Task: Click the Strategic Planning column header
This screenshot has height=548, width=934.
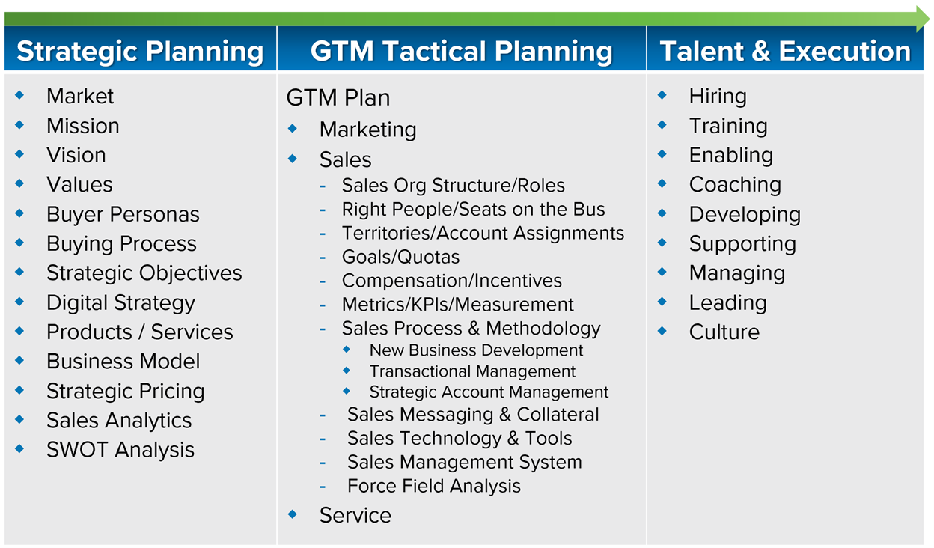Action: [140, 52]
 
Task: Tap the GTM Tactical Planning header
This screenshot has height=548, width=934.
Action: [462, 52]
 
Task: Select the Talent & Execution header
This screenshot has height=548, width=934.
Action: [785, 51]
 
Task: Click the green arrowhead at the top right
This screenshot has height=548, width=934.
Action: [922, 19]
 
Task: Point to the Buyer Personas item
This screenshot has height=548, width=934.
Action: [123, 214]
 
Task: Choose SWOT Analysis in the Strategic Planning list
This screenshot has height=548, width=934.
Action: [120, 450]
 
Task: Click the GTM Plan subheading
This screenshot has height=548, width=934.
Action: [338, 97]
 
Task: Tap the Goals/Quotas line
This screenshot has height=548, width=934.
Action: [400, 257]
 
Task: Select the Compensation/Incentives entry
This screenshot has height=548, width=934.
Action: [452, 281]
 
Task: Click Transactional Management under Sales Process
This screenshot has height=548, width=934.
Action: [472, 371]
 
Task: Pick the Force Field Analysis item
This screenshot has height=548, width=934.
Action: [434, 486]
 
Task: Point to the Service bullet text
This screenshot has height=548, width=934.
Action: [355, 515]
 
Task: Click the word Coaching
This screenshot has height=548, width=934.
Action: [735, 185]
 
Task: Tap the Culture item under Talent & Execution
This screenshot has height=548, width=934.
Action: [724, 332]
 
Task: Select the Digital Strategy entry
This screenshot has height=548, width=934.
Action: [121, 302]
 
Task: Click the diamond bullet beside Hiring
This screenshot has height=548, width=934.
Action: [662, 95]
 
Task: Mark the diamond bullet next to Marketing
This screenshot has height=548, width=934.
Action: [293, 129]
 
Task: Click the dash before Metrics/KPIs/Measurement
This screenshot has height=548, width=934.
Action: [323, 305]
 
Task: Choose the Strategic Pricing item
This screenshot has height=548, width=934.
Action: [126, 392]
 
